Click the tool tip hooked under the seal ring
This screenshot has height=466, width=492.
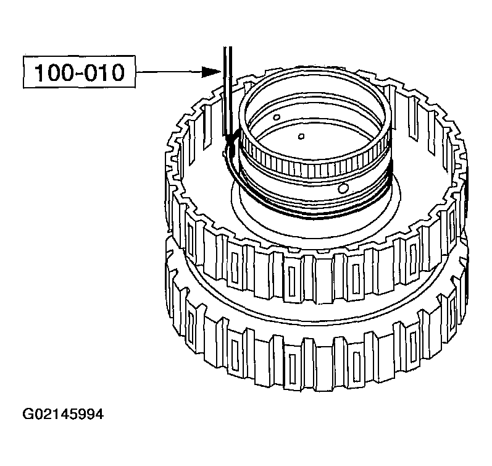click(230, 145)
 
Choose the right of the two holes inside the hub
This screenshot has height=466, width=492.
click(301, 136)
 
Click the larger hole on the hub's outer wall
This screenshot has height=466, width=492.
click(344, 187)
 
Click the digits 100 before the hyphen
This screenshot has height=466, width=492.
click(50, 72)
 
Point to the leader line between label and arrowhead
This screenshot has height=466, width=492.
click(167, 72)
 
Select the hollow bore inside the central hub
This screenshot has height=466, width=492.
click(315, 124)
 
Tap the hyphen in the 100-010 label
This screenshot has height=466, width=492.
click(78, 74)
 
